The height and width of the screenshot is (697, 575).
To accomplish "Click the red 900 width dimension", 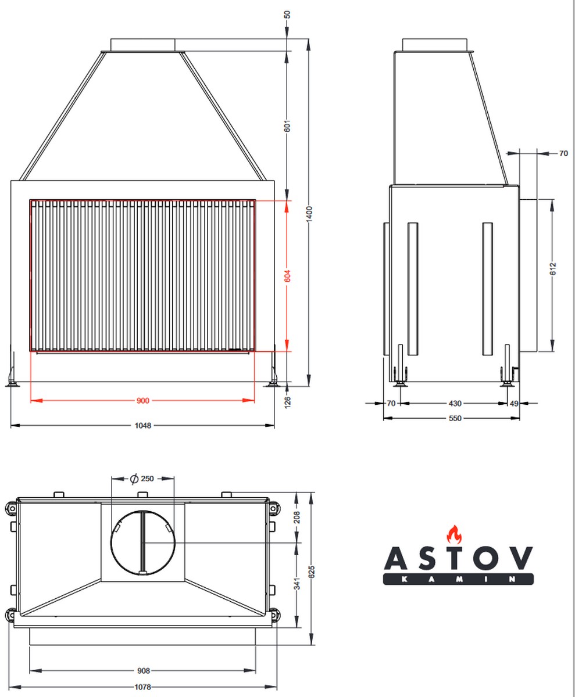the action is (142, 401).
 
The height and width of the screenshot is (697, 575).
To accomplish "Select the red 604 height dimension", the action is (287, 276).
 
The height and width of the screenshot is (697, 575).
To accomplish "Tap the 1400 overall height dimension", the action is (309, 214).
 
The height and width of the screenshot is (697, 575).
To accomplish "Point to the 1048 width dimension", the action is (143, 426).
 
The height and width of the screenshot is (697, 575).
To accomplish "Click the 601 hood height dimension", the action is (287, 126).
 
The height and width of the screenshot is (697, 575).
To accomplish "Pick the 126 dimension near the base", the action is (287, 403).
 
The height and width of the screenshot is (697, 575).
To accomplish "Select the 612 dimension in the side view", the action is (553, 269).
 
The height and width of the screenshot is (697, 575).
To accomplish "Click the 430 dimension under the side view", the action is (455, 404).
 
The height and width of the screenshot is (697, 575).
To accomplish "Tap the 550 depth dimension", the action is (455, 418).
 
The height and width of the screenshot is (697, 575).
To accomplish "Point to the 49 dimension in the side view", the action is (514, 404).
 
